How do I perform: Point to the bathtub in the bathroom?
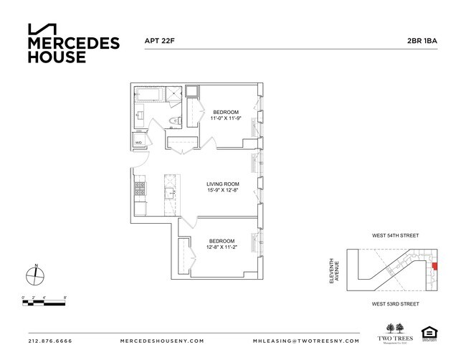coord(151,95)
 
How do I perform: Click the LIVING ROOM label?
coord(222,184)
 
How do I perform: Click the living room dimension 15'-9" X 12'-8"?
coord(222,191)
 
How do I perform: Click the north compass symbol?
coord(37,275)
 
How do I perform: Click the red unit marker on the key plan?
coord(434,265)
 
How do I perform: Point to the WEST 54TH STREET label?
coord(394,236)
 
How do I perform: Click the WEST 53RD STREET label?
coord(394,304)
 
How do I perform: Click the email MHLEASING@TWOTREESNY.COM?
coord(300,341)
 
